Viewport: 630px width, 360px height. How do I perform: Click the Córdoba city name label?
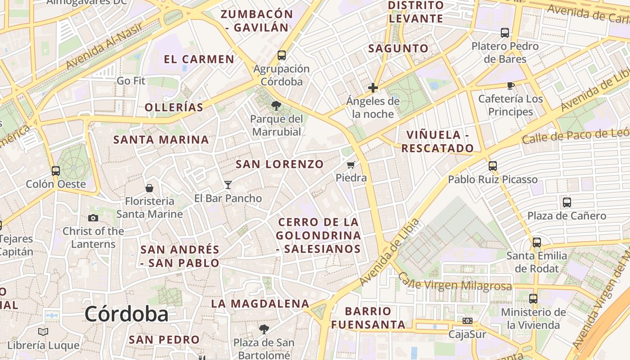(x=126, y=314)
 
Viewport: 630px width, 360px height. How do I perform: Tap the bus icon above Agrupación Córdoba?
(x=282, y=55)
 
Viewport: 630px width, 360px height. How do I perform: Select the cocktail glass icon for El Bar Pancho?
(x=228, y=184)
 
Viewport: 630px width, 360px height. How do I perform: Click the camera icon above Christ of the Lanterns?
(x=93, y=218)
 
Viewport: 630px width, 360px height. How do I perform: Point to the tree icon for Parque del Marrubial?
(x=276, y=106)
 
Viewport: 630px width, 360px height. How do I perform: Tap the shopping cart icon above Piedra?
(x=351, y=165)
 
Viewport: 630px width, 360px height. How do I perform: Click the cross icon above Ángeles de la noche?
(x=373, y=88)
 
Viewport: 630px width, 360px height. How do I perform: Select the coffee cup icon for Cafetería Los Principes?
(x=511, y=85)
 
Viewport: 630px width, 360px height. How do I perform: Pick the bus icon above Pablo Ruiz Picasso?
(x=493, y=166)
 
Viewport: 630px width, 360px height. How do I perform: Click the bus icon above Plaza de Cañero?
(x=567, y=202)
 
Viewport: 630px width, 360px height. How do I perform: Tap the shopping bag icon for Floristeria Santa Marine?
(x=149, y=188)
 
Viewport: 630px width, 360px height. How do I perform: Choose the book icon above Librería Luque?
(x=43, y=332)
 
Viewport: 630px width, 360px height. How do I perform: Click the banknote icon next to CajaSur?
(x=468, y=321)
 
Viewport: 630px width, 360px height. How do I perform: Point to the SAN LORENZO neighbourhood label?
(x=279, y=164)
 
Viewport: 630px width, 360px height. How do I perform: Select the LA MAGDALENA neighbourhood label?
(x=260, y=304)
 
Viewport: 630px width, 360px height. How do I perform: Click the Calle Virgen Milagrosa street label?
(x=454, y=282)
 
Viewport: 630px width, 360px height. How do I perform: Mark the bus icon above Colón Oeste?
(x=56, y=171)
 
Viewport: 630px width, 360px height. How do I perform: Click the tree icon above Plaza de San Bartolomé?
(x=264, y=329)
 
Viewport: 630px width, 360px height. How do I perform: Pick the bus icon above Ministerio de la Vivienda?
(x=533, y=299)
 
